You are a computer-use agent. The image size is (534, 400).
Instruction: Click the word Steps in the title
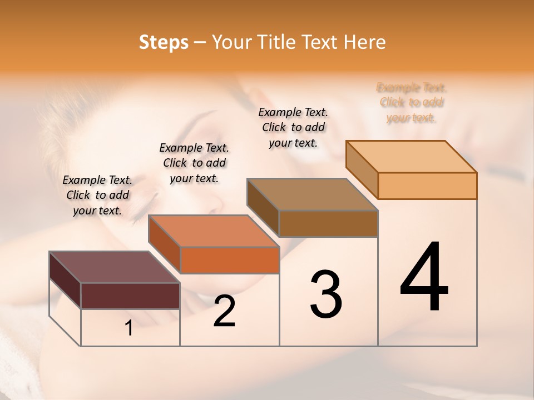pos(164,42)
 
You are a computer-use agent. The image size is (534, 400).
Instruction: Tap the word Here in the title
pos(365,42)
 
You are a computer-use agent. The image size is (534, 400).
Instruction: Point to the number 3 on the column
pos(326,294)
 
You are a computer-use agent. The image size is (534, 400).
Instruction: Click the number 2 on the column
pos(225,311)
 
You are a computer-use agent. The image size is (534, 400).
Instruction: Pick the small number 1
pos(129,328)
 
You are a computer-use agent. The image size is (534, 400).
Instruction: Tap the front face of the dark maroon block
pos(130,296)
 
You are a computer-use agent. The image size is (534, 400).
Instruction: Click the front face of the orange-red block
pos(230,260)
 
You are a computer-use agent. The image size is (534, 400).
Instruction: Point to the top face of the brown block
pos(312,194)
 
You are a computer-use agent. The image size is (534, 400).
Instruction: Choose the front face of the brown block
pos(328,223)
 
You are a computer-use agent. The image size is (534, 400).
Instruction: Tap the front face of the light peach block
pos(427,186)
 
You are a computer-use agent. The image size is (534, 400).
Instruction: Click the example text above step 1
pos(97,195)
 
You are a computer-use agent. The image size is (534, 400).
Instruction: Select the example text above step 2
pos(194,163)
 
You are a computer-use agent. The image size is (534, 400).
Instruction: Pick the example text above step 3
pos(293,127)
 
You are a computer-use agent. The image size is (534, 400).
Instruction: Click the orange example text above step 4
pos(412,103)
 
